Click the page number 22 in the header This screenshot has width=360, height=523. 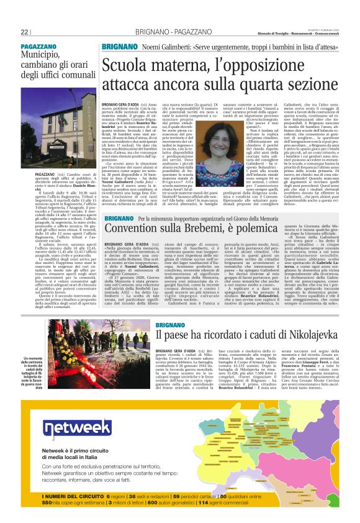tap(24, 32)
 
